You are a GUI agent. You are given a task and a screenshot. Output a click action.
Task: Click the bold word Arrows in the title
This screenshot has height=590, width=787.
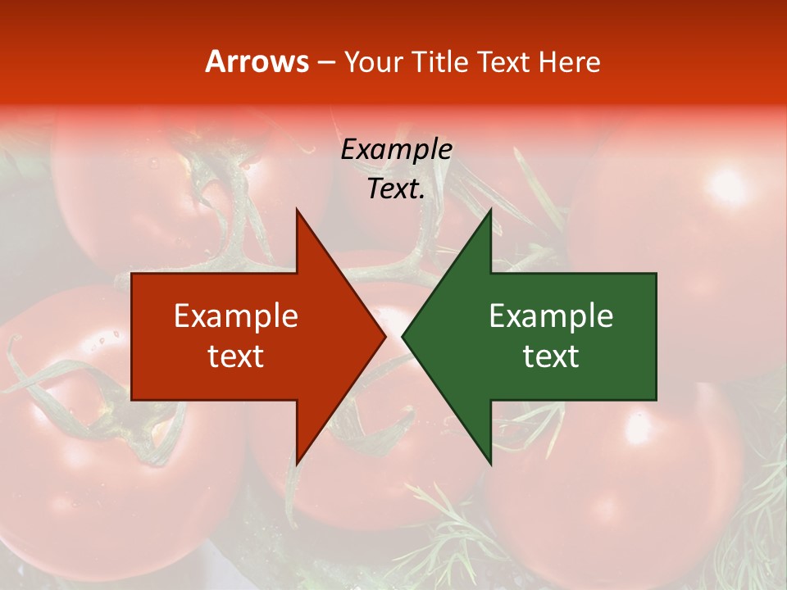click(x=257, y=61)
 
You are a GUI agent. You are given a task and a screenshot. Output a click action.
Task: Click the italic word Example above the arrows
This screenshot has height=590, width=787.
click(x=396, y=150)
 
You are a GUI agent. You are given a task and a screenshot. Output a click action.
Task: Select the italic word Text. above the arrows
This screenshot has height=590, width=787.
click(x=396, y=189)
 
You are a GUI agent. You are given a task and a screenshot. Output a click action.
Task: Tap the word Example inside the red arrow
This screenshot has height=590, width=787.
click(x=236, y=316)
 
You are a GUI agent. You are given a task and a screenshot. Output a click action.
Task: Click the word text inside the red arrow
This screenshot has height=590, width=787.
click(x=236, y=356)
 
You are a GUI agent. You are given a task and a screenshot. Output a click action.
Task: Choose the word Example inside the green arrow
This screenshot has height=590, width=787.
click(x=551, y=316)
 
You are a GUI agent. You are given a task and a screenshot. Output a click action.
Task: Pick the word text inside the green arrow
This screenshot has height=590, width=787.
click(x=551, y=356)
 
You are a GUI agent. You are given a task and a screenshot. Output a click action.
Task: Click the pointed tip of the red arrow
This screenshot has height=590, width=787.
click(x=385, y=337)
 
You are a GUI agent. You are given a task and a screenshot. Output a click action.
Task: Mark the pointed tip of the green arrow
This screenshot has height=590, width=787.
click(x=403, y=337)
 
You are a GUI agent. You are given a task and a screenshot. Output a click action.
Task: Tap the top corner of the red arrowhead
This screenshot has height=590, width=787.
click(x=297, y=210)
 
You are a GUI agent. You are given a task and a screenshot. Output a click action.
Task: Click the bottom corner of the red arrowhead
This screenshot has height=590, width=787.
click(x=297, y=464)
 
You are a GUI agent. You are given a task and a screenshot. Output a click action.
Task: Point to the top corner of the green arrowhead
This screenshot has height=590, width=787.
click(x=490, y=210)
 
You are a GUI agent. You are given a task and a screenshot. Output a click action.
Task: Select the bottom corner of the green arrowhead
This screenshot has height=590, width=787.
click(x=490, y=464)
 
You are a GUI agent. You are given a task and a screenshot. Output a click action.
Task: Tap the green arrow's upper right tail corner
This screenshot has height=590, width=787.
click(x=656, y=274)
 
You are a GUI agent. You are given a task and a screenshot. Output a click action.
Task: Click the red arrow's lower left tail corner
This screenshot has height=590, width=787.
click(x=132, y=400)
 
